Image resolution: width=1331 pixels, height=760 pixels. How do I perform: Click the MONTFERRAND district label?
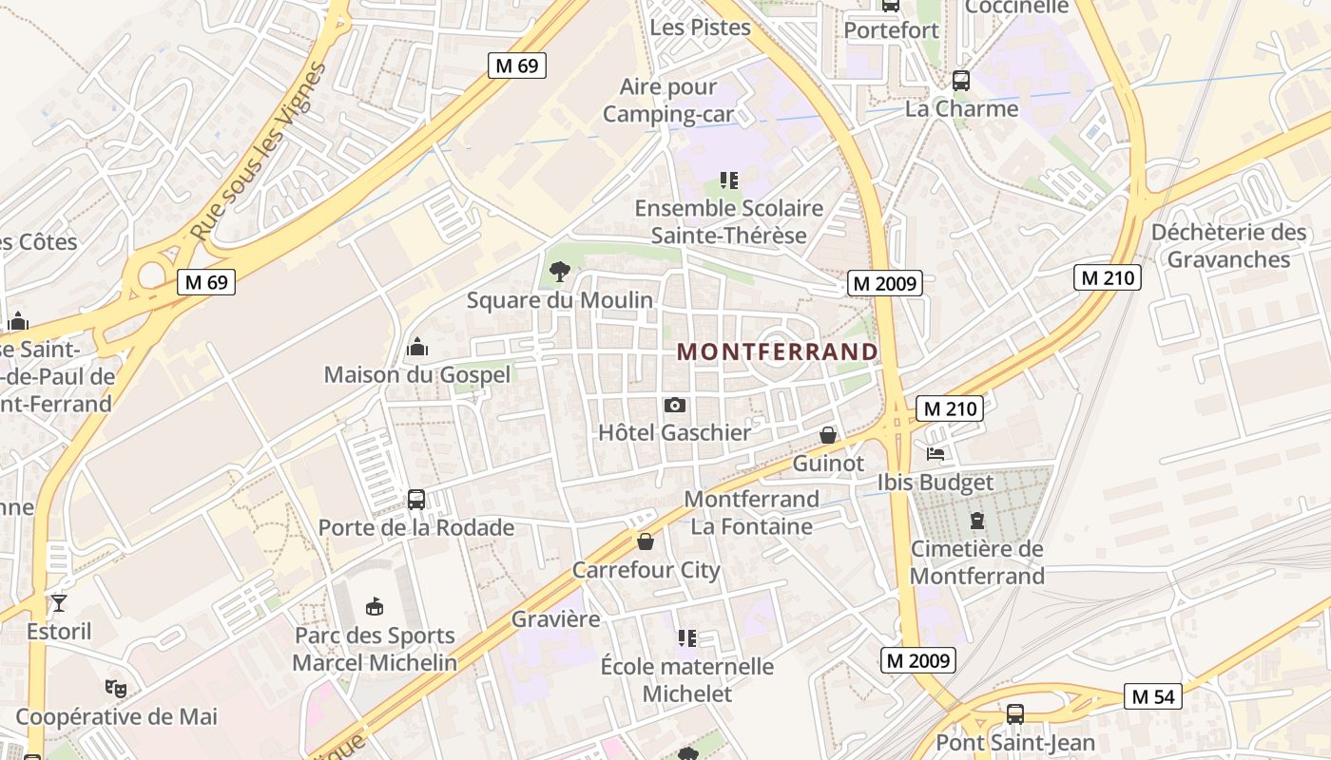(x=778, y=351)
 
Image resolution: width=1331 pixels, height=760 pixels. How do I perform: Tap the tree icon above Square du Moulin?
(x=560, y=273)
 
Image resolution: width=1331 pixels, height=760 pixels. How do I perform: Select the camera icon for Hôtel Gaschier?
(x=675, y=406)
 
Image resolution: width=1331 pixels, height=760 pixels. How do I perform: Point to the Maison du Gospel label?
(x=417, y=374)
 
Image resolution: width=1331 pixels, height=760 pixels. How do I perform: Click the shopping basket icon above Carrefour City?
(x=646, y=541)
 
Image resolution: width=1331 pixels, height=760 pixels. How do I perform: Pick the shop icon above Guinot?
(x=828, y=435)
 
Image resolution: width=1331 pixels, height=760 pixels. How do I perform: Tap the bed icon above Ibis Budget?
(x=936, y=454)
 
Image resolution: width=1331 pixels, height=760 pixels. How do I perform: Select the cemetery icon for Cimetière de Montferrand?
(x=976, y=521)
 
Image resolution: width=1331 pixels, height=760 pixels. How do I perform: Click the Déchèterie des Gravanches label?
(x=1228, y=246)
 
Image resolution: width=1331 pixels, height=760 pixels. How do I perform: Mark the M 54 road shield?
(x=1153, y=696)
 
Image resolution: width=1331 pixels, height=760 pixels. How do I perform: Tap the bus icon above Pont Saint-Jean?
(x=1015, y=713)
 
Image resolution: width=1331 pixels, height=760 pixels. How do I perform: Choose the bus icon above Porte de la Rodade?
(x=415, y=500)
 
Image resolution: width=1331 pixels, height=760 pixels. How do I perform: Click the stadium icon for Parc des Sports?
(x=375, y=606)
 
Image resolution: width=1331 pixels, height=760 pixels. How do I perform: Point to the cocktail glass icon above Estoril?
(x=59, y=602)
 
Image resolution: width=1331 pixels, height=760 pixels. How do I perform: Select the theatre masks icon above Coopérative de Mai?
(x=116, y=688)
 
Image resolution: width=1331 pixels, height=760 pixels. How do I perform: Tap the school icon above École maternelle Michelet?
(x=686, y=638)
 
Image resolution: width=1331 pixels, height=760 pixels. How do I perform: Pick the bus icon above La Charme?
(x=961, y=80)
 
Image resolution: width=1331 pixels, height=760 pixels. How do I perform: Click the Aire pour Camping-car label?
(x=668, y=101)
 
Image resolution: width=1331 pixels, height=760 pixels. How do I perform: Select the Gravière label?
(x=556, y=619)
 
